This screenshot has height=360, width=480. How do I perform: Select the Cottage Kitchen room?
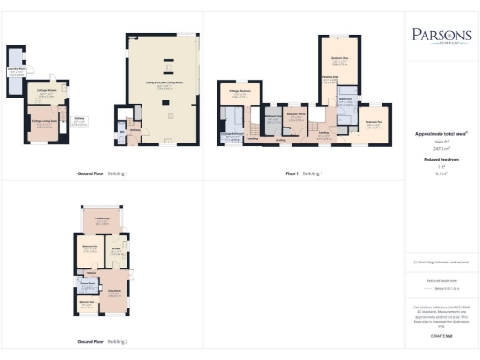point(44,94)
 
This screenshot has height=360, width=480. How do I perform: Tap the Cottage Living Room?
point(44,122)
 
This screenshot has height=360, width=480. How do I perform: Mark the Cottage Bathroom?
point(232,132)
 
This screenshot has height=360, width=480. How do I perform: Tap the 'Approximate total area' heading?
point(440,134)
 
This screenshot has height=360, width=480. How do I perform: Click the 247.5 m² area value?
point(440,148)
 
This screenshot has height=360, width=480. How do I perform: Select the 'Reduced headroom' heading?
point(440,160)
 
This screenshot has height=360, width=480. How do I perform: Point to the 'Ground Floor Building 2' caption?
point(105,342)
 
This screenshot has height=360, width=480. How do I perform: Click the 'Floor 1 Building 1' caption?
point(304,174)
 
